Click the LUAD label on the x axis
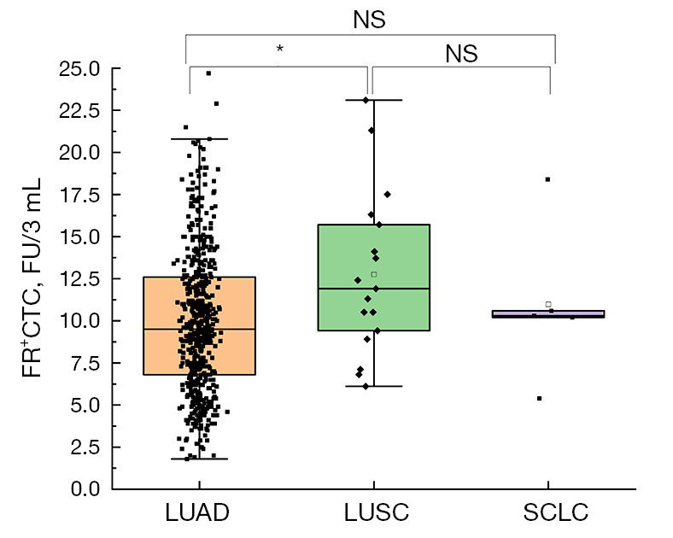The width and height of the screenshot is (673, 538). click(197, 512)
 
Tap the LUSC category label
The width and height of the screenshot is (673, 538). click(377, 512)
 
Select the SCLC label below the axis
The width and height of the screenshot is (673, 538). click(555, 512)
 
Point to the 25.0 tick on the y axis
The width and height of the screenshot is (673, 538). click(79, 68)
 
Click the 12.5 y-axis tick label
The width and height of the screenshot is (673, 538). click(79, 279)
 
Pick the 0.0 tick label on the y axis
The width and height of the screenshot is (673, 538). click(85, 488)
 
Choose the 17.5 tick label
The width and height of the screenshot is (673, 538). click(79, 195)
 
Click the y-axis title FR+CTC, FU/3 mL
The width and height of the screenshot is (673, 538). click(32, 278)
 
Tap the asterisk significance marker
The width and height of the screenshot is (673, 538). click(280, 49)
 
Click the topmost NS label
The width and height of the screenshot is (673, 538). click(369, 20)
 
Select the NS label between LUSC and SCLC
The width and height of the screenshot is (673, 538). click(461, 54)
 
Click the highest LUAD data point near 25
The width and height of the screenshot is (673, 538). click(208, 73)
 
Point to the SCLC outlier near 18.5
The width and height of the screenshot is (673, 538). click(547, 179)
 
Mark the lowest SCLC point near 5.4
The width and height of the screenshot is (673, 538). click(540, 399)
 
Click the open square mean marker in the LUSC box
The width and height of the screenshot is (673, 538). click(374, 274)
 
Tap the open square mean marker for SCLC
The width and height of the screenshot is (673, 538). click(548, 304)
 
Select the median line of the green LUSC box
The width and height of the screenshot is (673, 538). click(374, 289)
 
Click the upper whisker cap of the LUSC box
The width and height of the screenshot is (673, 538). click(374, 100)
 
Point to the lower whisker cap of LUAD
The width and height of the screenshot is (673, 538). click(200, 459)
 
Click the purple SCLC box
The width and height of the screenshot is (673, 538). click(548, 314)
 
